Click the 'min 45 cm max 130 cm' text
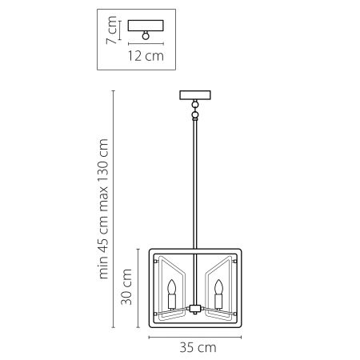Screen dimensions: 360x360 pos(105,208)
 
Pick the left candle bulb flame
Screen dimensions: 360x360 pos(172,286)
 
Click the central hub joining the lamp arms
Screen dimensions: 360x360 pos(194,306)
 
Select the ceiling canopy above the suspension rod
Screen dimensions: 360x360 pos(194,95)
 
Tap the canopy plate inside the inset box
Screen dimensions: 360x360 pos(145,24)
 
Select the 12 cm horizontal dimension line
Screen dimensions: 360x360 pos(145,44)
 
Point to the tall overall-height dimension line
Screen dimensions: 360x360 pos(115,208)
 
